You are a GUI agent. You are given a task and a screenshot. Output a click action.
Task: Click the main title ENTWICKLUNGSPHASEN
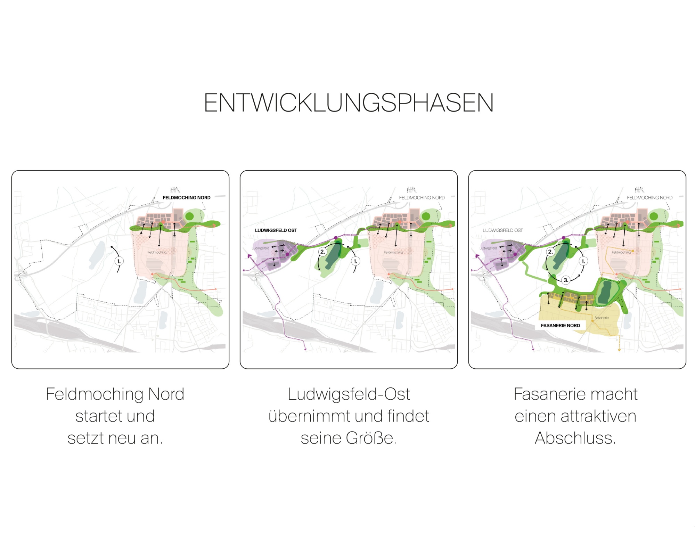point(349,103)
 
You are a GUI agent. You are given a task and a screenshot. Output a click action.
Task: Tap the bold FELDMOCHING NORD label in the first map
point(187,198)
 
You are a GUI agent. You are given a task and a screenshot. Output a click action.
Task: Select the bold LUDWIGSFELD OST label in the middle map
point(276,230)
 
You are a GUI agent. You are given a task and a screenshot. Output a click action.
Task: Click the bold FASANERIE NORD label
point(560,326)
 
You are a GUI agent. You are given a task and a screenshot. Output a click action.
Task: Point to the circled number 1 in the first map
point(119,261)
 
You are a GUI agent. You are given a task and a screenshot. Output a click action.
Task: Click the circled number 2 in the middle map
point(322,252)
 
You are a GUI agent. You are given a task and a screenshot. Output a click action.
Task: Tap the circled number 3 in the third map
point(566,280)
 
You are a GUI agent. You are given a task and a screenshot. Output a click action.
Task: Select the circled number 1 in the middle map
point(355,261)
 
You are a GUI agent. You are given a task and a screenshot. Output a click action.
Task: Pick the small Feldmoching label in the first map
point(157,252)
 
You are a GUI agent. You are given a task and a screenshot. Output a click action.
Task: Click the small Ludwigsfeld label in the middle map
point(260,248)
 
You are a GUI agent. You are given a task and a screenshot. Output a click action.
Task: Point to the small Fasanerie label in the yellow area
point(602,318)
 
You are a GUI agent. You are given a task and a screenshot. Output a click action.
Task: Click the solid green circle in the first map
point(189,216)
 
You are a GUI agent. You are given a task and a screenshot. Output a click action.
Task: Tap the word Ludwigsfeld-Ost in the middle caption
point(349,394)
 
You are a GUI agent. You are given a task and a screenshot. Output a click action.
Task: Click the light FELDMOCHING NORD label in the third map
point(649,198)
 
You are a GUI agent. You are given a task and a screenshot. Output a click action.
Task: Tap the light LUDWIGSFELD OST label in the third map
point(502,230)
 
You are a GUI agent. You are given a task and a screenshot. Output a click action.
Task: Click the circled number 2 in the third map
point(550,252)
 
